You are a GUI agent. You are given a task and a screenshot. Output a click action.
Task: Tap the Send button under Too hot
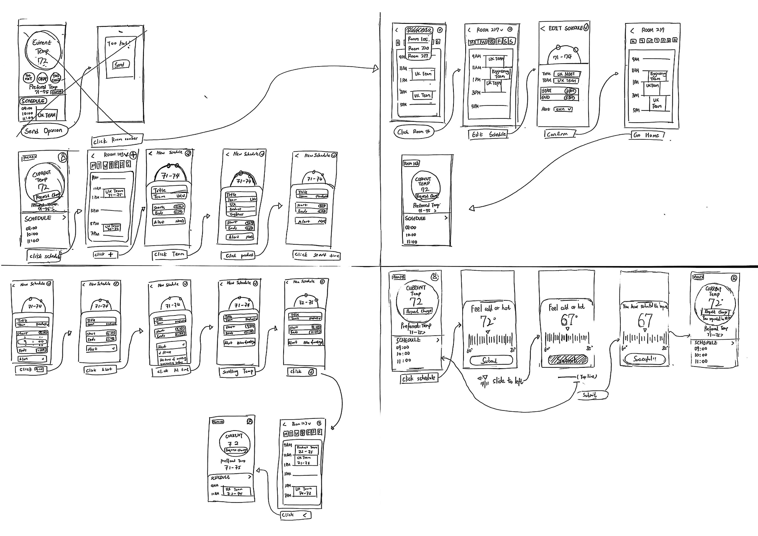click(x=121, y=65)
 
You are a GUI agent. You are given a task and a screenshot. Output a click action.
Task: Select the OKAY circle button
click(x=42, y=78)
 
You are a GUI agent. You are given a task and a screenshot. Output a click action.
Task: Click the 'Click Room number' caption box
click(x=117, y=140)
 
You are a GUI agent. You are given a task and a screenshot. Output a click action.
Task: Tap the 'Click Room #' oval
click(x=413, y=132)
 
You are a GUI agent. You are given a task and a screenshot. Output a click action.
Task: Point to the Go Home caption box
click(x=647, y=135)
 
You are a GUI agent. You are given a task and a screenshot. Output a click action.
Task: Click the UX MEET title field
click(x=566, y=74)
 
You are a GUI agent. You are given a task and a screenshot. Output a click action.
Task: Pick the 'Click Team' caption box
click(x=169, y=254)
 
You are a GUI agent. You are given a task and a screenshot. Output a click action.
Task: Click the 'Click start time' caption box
click(x=316, y=255)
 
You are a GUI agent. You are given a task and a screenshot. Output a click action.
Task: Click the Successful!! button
click(x=645, y=359)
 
